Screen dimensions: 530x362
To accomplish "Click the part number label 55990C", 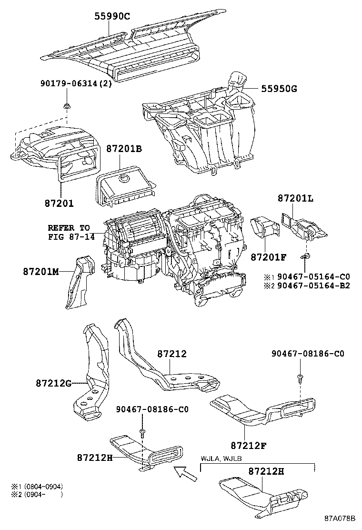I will coord(112,17).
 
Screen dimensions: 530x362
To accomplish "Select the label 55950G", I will coord(279,88).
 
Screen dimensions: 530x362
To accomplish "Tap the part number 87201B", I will coord(124,149).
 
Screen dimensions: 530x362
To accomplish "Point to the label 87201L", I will coord(295,199).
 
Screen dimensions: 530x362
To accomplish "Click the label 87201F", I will coord(268,257).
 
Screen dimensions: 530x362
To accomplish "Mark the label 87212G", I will coord(55,382).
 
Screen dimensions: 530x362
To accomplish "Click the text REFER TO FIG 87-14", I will coord(71,232).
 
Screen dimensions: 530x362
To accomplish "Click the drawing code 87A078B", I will coord(341,518).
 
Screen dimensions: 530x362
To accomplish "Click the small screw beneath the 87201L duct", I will coord(305,257).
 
